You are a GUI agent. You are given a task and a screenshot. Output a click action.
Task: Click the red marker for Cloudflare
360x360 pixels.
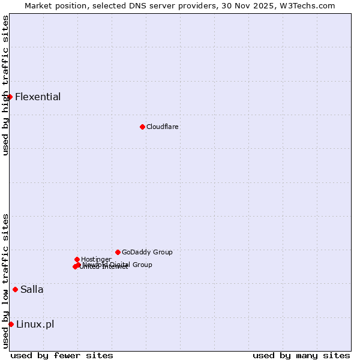[x=142, y=127]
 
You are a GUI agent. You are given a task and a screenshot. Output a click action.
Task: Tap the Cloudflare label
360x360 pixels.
[x=162, y=127]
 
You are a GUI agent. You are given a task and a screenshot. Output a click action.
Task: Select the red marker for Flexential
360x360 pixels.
[x=10, y=97]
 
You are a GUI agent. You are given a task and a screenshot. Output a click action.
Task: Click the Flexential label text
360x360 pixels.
[x=37, y=97]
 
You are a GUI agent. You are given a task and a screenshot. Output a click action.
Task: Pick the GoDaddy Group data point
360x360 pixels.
[x=118, y=252]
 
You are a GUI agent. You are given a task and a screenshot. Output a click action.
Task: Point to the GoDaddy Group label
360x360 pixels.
[x=146, y=252]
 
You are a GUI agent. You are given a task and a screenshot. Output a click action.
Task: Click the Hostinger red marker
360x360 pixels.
[x=77, y=259]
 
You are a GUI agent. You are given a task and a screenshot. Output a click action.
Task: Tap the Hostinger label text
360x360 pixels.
[x=96, y=259]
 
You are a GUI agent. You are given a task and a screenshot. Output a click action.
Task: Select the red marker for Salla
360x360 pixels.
[x=15, y=289]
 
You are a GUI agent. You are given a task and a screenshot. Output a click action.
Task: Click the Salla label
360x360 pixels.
[x=32, y=289]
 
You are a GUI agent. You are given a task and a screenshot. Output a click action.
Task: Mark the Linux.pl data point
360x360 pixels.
[x=11, y=324]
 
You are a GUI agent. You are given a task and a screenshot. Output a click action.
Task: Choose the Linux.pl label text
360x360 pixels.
[x=35, y=324]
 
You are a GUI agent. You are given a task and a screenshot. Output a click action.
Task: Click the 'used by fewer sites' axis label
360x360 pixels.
[x=62, y=355]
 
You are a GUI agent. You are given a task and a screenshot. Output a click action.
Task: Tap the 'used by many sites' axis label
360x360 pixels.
[x=301, y=355]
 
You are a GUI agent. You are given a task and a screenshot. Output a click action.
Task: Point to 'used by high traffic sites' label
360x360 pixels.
[x=5, y=86]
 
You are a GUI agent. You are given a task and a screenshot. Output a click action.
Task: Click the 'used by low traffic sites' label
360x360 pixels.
[x=5, y=281]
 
